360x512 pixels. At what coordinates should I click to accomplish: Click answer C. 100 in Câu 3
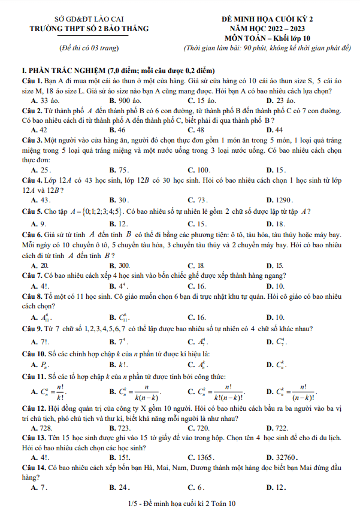pos(199,170)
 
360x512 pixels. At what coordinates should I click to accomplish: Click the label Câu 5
pos(31,211)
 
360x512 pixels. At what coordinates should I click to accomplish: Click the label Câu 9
pos(31,329)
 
